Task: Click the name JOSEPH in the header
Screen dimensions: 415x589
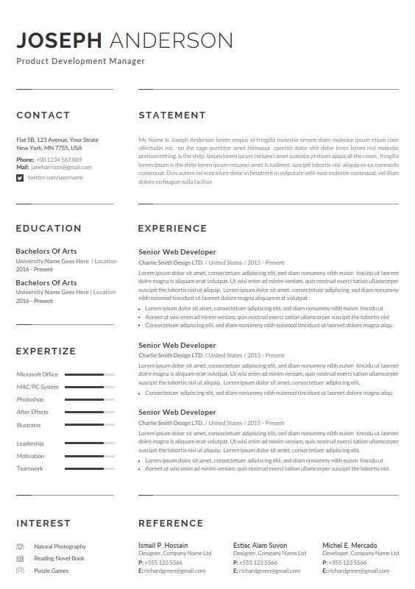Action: pyautogui.click(x=60, y=40)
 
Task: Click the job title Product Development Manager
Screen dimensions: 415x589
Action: pyautogui.click(x=80, y=62)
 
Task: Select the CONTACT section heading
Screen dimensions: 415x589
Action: pyautogui.click(x=43, y=115)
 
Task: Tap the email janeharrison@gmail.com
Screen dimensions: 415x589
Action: pyautogui.click(x=61, y=168)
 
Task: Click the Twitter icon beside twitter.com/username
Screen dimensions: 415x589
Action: pyautogui.click(x=20, y=178)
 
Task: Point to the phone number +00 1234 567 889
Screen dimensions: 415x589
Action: pyautogui.click(x=59, y=160)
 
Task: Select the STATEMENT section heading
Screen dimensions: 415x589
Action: pyautogui.click(x=172, y=115)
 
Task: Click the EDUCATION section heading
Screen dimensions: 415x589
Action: pyautogui.click(x=49, y=229)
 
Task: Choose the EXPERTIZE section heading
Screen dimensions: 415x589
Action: pyautogui.click(x=46, y=351)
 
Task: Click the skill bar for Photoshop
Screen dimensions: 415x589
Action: pyautogui.click(x=89, y=400)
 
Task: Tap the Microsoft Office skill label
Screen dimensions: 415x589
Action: pyautogui.click(x=37, y=375)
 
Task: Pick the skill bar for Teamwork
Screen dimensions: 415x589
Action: pyautogui.click(x=89, y=468)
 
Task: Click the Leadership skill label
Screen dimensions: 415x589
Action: pyautogui.click(x=30, y=444)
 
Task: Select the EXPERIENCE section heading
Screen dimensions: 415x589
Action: pyautogui.click(x=177, y=229)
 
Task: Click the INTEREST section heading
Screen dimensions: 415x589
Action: pyautogui.click(x=43, y=524)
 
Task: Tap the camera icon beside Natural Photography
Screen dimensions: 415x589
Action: pyautogui.click(x=20, y=547)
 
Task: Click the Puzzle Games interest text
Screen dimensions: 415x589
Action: pyautogui.click(x=51, y=571)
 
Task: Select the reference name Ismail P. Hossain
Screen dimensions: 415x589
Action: pyautogui.click(x=163, y=546)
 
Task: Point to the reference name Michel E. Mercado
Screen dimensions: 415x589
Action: pyautogui.click(x=350, y=546)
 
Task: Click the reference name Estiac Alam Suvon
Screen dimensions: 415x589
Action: pyautogui.click(x=260, y=546)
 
